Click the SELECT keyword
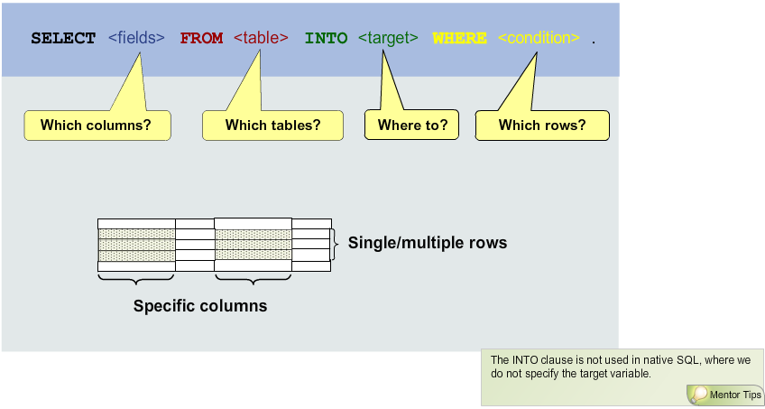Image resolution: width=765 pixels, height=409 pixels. click(63, 39)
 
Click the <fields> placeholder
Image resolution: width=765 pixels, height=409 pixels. click(136, 39)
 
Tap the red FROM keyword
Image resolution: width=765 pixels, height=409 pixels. click(201, 39)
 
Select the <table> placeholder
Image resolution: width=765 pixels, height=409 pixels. click(261, 39)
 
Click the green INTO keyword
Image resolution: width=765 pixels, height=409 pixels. click(326, 39)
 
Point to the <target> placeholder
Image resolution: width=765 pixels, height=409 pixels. click(388, 39)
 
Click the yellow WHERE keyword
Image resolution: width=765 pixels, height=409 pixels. click(459, 39)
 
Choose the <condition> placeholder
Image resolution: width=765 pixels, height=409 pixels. click(539, 39)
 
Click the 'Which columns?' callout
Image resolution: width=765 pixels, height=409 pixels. click(96, 125)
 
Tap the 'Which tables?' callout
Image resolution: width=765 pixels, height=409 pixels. click(272, 125)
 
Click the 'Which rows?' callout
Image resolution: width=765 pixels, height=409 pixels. click(541, 125)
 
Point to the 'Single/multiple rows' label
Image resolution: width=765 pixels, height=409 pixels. click(428, 243)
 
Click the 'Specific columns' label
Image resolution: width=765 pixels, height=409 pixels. click(200, 306)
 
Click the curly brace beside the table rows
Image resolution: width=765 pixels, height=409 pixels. click(336, 240)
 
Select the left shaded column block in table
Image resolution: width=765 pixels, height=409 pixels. click(136, 246)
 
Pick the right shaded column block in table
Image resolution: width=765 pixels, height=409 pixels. click(253, 246)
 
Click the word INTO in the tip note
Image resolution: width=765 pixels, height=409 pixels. click(525, 360)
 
